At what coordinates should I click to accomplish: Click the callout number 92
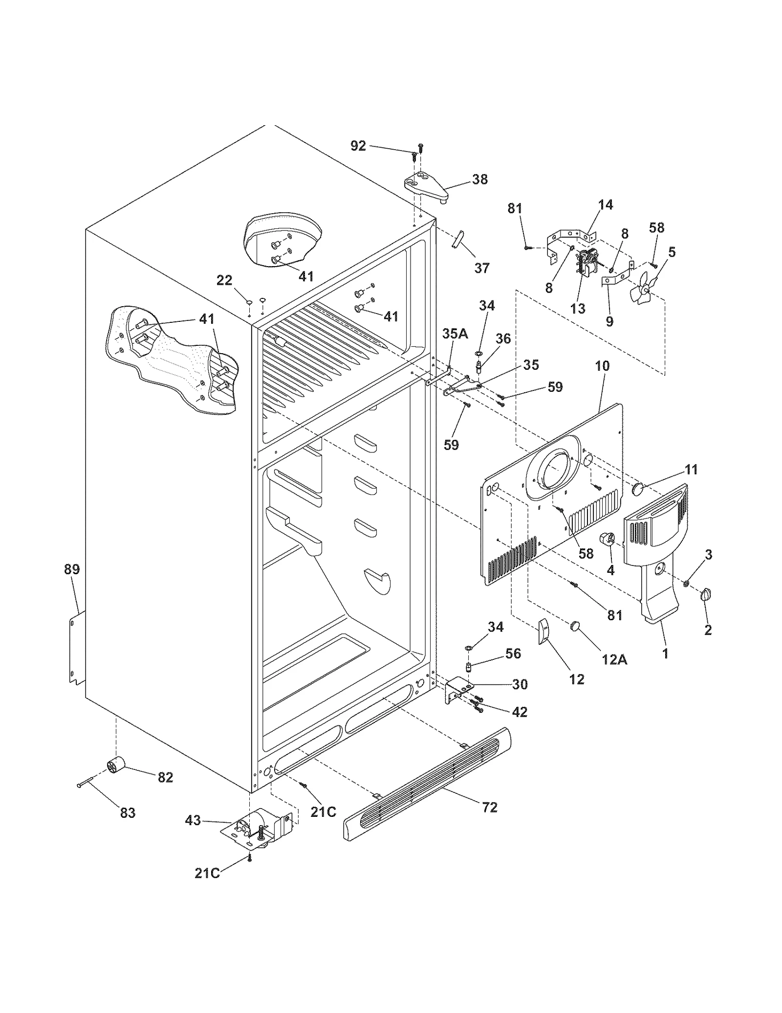[358, 146]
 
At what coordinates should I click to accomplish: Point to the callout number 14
[605, 205]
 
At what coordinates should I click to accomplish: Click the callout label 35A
[455, 334]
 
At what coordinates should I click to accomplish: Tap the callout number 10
[602, 366]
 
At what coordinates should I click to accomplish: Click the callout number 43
[193, 820]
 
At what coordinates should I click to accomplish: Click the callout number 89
[72, 569]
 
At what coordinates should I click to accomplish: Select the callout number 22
[224, 280]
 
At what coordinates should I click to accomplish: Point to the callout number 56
[513, 653]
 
